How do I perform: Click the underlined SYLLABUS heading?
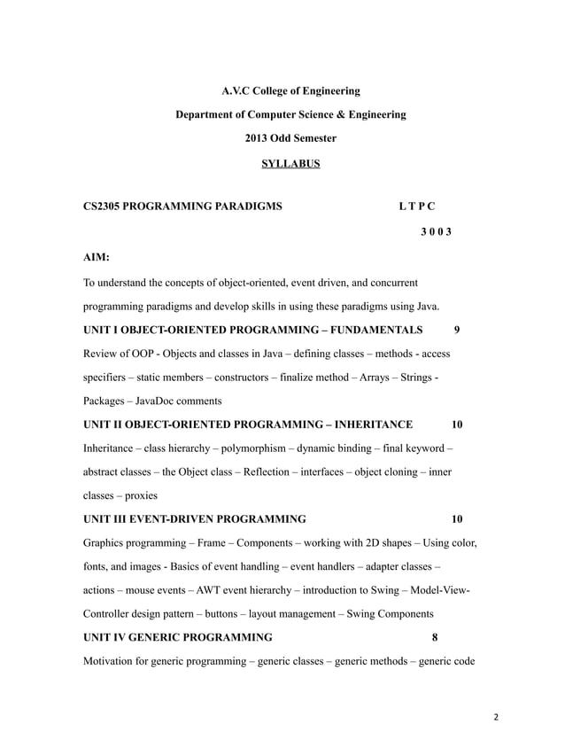pyautogui.click(x=290, y=164)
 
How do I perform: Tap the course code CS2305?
pyautogui.click(x=104, y=206)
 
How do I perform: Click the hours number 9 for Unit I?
pyautogui.click(x=456, y=330)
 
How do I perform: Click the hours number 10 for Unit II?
pyautogui.click(x=457, y=424)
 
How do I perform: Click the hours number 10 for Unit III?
pyautogui.click(x=457, y=518)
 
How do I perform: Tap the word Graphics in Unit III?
pyautogui.click(x=105, y=542)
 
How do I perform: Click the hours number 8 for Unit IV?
pyautogui.click(x=435, y=637)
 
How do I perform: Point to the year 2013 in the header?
pyautogui.click(x=259, y=138)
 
